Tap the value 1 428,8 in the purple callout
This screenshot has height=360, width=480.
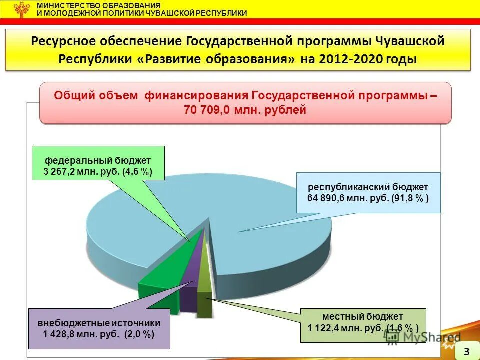point(61,334)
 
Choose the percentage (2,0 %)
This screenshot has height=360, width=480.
point(139,334)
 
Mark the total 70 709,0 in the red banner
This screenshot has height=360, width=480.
point(206,111)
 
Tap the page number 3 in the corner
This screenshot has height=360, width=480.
point(466,351)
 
